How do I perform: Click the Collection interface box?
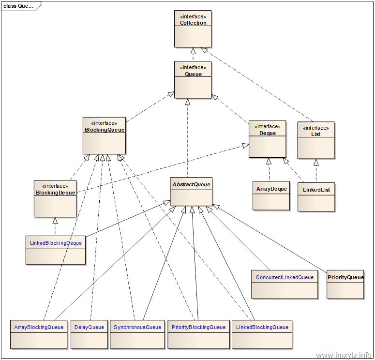click(x=193, y=29)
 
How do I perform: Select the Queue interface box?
click(x=193, y=80)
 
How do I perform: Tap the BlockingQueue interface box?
click(x=105, y=135)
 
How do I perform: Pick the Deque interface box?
click(x=267, y=139)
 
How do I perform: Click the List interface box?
click(x=315, y=140)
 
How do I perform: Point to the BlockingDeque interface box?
click(x=55, y=198)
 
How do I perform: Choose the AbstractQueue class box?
click(x=191, y=191)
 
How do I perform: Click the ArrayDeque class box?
click(x=270, y=195)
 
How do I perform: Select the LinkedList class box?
click(x=316, y=197)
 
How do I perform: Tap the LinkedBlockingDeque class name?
click(x=56, y=243)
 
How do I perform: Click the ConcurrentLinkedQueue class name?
click(x=285, y=277)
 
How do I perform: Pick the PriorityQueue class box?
click(x=345, y=284)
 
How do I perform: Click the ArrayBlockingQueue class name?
click(x=39, y=327)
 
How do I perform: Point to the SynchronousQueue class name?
click(x=137, y=327)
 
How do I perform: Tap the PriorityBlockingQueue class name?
click(x=198, y=327)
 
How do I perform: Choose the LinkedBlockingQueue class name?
click(x=262, y=327)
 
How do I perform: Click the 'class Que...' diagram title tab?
click(x=19, y=6)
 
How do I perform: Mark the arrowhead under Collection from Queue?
click(x=193, y=50)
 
